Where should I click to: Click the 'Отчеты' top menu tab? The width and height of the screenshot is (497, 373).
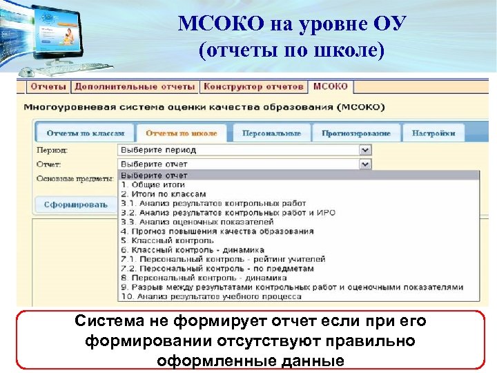pyautogui.click(x=48, y=87)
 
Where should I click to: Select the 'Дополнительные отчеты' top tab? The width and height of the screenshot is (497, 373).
pyautogui.click(x=135, y=87)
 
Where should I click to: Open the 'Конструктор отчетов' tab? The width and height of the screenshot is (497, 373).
pyautogui.click(x=253, y=87)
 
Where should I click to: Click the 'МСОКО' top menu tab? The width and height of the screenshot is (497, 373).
pyautogui.click(x=331, y=87)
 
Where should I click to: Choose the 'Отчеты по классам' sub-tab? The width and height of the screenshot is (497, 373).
pyautogui.click(x=85, y=133)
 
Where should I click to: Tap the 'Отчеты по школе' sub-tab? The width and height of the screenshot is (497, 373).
pyautogui.click(x=182, y=133)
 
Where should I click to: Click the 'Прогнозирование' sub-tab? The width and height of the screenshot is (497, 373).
pyautogui.click(x=355, y=133)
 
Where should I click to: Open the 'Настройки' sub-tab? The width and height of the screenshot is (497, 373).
pyautogui.click(x=434, y=133)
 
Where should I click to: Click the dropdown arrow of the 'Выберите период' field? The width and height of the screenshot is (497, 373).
pyautogui.click(x=365, y=150)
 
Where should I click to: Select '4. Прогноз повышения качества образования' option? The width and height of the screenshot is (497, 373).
pyautogui.click(x=217, y=231)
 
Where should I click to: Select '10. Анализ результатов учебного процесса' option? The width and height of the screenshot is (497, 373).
pyautogui.click(x=211, y=296)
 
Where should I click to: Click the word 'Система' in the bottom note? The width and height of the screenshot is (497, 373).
pyautogui.click(x=104, y=321)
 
